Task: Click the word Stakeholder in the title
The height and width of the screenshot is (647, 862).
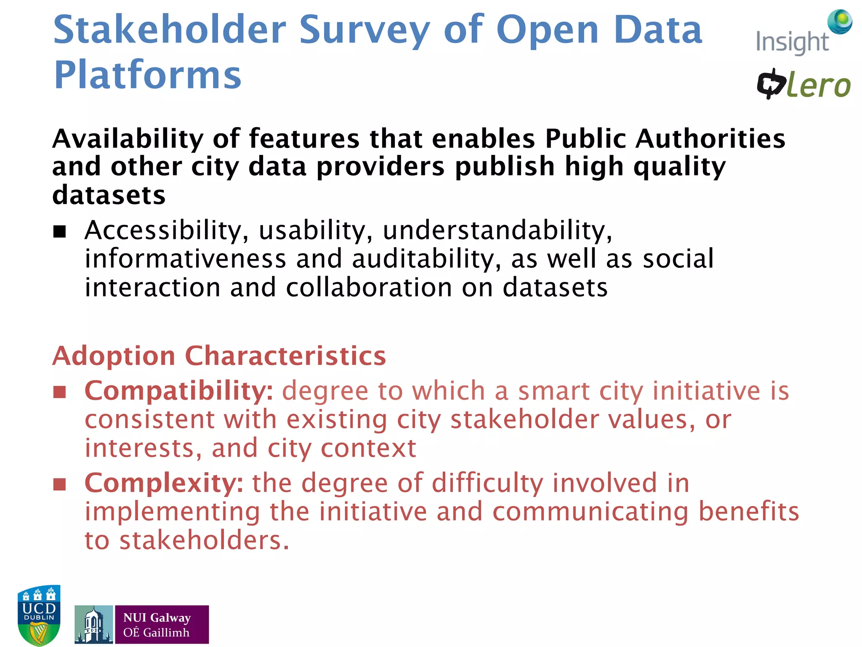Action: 170,30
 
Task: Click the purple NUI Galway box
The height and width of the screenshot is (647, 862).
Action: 162,624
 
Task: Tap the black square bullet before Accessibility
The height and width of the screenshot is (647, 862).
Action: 60,231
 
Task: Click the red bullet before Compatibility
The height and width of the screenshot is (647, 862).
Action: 60,392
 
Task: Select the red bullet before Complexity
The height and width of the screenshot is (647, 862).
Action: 60,484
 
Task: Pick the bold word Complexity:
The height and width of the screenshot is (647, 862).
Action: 164,483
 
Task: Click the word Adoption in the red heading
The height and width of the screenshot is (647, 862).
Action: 114,356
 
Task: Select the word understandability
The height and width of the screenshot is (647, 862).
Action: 497,231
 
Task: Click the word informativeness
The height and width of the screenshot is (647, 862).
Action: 185,259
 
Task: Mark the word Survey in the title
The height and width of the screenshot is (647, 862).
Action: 364,30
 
